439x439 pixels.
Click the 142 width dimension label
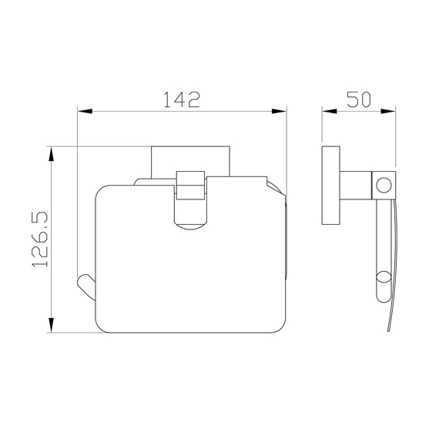point(182,99)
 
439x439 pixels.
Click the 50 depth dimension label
point(359,99)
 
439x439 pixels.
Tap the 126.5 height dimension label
point(40,240)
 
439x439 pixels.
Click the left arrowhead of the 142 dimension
point(85,112)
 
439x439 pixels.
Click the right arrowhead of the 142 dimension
point(279,112)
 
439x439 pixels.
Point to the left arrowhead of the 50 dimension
point(330,111)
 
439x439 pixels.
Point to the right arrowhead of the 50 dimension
point(388,111)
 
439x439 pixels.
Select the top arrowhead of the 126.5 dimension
point(51,154)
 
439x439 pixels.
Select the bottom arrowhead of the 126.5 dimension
point(51,325)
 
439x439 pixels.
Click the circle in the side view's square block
point(384,185)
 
